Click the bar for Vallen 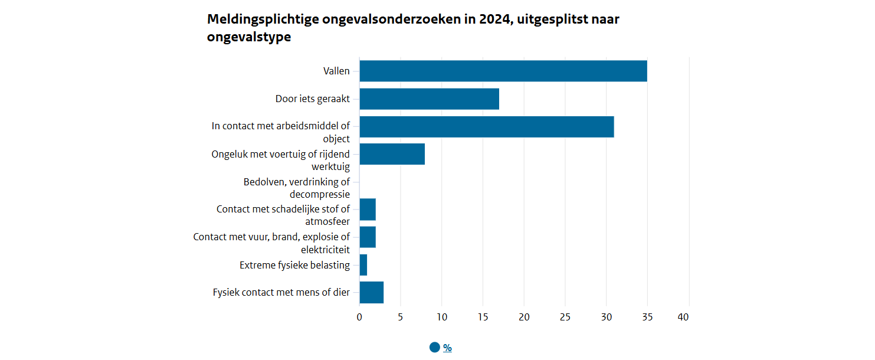click(503, 71)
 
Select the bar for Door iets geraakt click(429, 99)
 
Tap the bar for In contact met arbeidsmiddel click(486, 127)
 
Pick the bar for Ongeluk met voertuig click(392, 154)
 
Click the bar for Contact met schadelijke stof click(368, 210)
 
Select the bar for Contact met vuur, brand click(368, 237)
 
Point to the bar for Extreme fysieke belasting click(363, 265)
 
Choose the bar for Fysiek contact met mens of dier click(371, 293)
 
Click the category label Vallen click(336, 71)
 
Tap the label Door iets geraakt click(312, 99)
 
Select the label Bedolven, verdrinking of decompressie click(296, 188)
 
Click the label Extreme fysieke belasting click(294, 265)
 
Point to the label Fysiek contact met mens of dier click(281, 292)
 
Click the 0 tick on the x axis click(359, 318)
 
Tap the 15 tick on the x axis click(483, 318)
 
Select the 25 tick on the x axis click(565, 318)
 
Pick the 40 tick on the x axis click(683, 318)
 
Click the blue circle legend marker click(435, 348)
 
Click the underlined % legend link click(447, 348)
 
